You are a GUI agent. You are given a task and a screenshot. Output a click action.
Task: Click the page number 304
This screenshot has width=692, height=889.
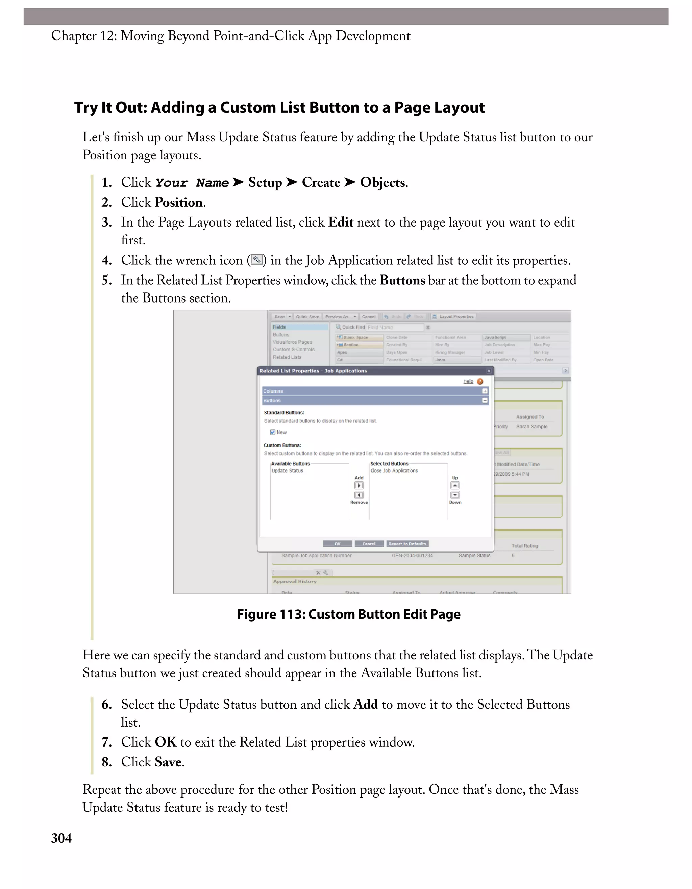61,838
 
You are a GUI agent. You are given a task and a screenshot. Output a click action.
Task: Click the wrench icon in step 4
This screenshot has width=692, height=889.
256,260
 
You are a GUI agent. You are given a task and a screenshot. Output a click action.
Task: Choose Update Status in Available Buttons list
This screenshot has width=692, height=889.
287,471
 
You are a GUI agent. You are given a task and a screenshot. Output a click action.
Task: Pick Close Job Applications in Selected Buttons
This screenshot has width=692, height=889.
394,471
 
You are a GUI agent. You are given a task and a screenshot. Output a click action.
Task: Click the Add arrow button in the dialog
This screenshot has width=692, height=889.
359,486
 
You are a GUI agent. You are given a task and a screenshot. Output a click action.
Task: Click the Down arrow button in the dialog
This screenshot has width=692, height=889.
455,495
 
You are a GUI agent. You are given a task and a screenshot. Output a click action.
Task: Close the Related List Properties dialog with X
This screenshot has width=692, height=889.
489,371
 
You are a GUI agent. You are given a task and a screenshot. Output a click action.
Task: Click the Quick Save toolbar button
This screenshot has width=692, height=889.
307,317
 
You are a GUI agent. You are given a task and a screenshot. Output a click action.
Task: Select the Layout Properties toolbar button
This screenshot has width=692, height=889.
453,317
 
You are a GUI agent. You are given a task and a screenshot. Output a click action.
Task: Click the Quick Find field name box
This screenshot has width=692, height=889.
394,327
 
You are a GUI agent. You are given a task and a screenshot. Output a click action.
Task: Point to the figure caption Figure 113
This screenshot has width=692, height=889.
349,614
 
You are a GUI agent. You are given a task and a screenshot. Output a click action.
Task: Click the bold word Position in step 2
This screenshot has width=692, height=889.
179,202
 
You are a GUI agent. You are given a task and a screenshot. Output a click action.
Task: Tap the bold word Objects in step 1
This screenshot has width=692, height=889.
382,182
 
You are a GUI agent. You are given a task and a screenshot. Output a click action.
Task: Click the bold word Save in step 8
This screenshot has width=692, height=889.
168,762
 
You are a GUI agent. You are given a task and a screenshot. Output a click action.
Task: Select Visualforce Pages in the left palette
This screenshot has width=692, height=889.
292,342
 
